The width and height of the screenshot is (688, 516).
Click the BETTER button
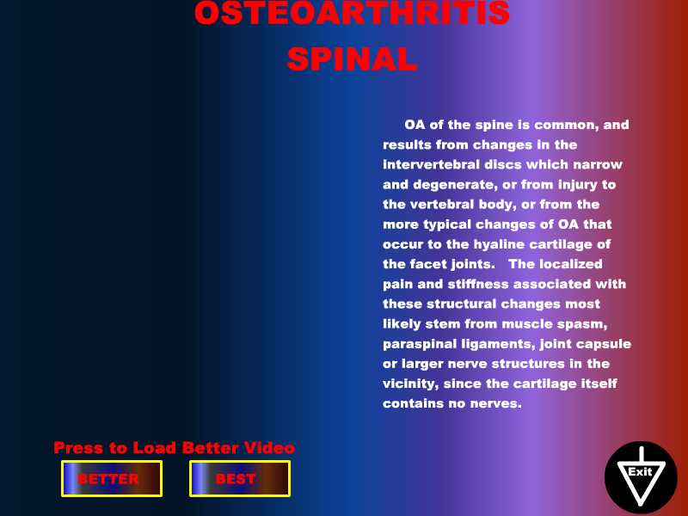click(x=112, y=479)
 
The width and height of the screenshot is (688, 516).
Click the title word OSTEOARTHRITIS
click(x=352, y=12)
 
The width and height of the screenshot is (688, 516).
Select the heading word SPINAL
click(x=352, y=58)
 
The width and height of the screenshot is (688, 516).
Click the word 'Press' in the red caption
click(x=79, y=447)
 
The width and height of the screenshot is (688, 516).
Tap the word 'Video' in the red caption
click(x=269, y=447)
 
